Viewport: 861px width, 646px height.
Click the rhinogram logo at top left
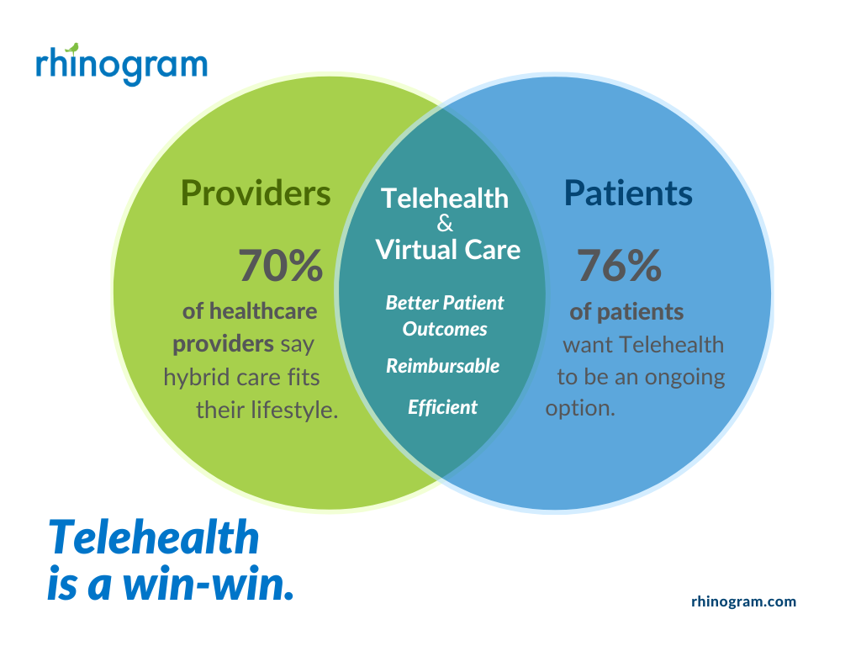tap(121, 65)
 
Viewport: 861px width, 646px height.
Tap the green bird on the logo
tap(72, 48)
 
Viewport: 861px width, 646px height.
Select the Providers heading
tap(256, 193)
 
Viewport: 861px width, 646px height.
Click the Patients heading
tap(628, 193)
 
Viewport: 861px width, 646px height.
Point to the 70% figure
tap(280, 265)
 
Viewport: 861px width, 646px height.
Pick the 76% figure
tap(619, 265)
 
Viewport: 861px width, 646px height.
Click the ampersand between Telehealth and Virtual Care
tap(445, 224)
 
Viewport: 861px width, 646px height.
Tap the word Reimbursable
tap(442, 366)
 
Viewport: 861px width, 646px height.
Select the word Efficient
tap(442, 407)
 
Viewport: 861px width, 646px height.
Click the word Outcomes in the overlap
tap(445, 329)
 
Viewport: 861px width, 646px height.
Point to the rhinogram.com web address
tap(743, 601)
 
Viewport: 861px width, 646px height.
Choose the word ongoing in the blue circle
tap(684, 378)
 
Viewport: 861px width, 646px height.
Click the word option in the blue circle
tap(580, 409)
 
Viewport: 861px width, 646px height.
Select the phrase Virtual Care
tap(448, 250)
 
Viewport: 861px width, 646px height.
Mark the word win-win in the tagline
tap(209, 584)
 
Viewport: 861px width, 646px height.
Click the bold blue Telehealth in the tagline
tap(154, 537)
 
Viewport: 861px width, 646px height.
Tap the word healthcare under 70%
tap(263, 311)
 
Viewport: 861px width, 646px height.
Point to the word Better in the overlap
tap(412, 303)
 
